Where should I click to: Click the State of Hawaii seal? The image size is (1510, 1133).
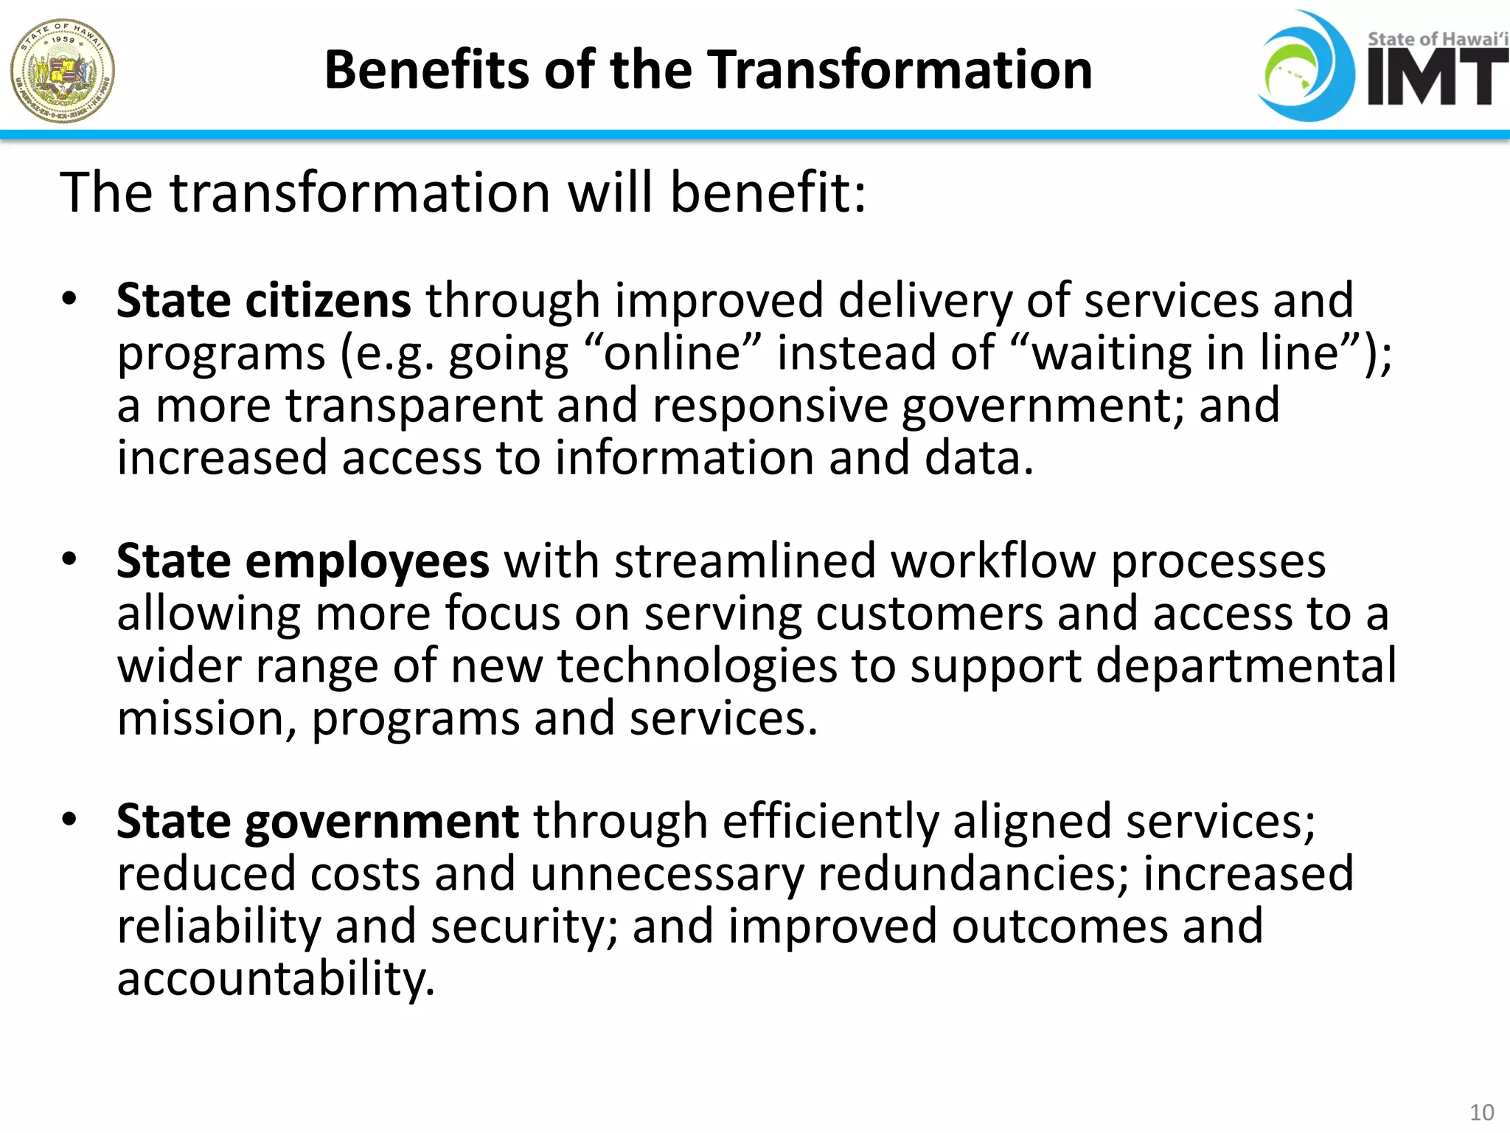(63, 71)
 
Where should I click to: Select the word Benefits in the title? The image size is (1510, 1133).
(426, 70)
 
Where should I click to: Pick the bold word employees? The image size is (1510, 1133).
(366, 561)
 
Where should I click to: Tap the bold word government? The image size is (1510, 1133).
(381, 822)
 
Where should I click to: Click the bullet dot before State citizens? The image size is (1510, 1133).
(69, 299)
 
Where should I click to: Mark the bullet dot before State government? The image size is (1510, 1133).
(69, 820)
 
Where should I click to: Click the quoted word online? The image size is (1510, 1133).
(672, 353)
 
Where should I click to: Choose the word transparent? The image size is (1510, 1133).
(413, 406)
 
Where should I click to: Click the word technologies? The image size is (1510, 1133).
(697, 666)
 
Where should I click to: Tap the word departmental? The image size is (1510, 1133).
(1246, 666)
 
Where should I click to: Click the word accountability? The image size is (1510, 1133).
(276, 980)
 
